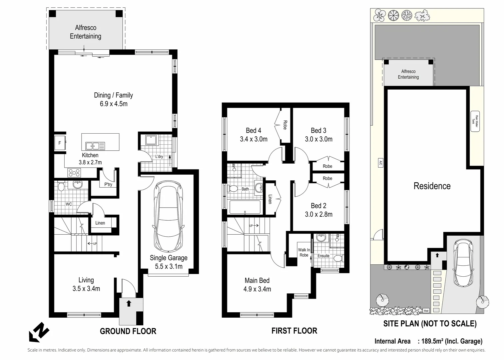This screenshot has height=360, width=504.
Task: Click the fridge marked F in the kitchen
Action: pyautogui.click(x=60, y=143)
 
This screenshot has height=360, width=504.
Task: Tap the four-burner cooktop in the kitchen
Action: pyautogui.click(x=74, y=173)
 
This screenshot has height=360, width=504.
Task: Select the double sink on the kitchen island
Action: pyautogui.click(x=95, y=146)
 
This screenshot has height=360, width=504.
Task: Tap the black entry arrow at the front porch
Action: pyautogui.click(x=129, y=303)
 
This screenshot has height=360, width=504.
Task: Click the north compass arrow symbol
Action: pyautogui.click(x=39, y=332)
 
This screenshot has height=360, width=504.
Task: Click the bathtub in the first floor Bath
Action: pyautogui.click(x=245, y=207)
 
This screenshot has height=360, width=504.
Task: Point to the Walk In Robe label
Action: pyautogui.click(x=304, y=252)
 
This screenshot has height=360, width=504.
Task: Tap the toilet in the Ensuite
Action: pyautogui.click(x=338, y=258)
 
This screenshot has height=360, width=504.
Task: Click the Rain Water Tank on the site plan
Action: pyautogui.click(x=475, y=121)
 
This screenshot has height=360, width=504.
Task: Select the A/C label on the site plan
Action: pyautogui.click(x=380, y=163)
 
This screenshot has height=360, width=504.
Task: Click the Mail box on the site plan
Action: pyautogui.click(x=426, y=311)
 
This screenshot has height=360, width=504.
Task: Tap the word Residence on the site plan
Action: pyautogui.click(x=432, y=186)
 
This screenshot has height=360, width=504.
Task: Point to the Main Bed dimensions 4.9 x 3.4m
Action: pyautogui.click(x=257, y=289)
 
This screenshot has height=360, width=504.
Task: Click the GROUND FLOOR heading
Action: pyautogui.click(x=128, y=331)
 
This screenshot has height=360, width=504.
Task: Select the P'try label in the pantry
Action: pyautogui.click(x=108, y=184)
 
